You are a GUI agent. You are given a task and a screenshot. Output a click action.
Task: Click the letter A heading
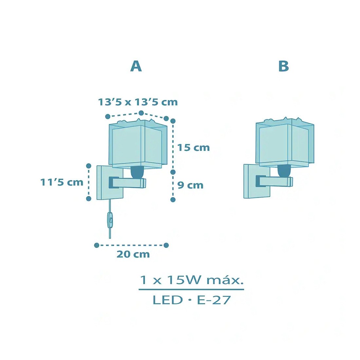136,66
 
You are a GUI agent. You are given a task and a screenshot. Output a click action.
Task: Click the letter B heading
283,66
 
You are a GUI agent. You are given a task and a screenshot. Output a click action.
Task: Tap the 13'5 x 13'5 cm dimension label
138,102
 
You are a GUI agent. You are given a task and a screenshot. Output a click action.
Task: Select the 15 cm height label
193,148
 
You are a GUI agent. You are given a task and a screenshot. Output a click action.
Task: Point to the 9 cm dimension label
190,185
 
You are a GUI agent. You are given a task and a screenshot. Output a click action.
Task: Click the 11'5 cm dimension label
62,182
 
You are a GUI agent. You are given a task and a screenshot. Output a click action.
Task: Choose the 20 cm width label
133,254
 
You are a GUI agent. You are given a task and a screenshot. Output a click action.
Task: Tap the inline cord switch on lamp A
110,220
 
